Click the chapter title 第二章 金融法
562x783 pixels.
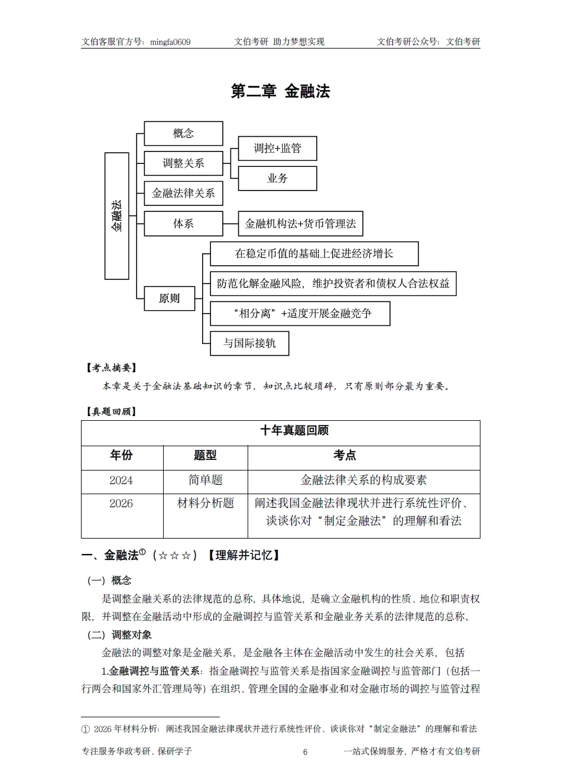280,91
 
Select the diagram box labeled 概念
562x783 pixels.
183,134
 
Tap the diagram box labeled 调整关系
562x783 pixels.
183,163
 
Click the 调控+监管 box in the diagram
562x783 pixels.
277,149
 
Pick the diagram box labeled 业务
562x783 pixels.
277,179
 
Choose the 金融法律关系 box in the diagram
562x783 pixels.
183,194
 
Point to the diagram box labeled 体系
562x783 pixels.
183,224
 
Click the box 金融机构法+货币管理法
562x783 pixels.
300,224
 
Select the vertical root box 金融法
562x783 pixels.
116,216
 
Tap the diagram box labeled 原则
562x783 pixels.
169,298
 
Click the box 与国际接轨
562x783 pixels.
249,343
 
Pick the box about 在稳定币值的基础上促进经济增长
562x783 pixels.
314,254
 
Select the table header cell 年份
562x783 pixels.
122,456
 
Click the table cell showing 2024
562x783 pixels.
121,481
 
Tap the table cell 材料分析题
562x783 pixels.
205,504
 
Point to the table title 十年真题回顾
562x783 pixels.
294,431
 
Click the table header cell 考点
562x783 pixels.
345,456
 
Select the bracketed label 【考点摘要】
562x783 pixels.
112,368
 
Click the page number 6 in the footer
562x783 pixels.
305,752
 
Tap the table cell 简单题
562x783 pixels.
205,481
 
